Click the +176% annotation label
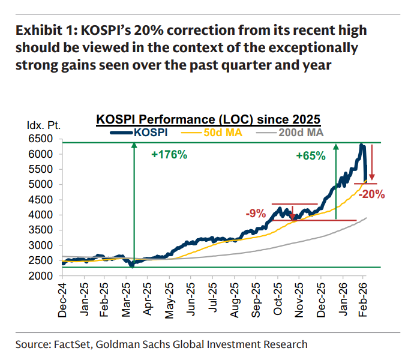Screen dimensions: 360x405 [x=169, y=155]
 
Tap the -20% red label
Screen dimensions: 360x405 [x=372, y=194]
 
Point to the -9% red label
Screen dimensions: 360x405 [x=256, y=213]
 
